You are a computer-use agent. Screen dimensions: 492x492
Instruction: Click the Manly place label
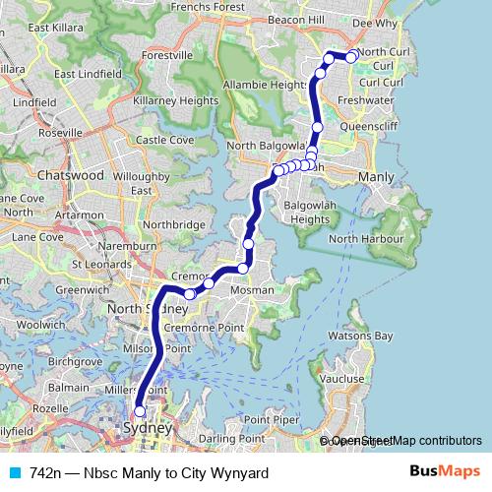pyautogui.click(x=376, y=176)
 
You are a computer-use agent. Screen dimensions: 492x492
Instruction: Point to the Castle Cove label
pyautogui.click(x=166, y=141)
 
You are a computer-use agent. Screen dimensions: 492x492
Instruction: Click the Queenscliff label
pyautogui.click(x=368, y=126)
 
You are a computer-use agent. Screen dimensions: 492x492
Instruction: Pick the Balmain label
pyautogui.click(x=69, y=388)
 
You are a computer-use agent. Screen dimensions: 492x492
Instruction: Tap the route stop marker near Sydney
pyautogui.click(x=140, y=411)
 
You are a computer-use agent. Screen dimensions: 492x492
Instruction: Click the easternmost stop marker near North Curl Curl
pyautogui.click(x=351, y=57)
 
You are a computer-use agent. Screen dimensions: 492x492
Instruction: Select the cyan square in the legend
pyautogui.click(x=15, y=472)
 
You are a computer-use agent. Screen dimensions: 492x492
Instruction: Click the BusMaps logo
pyautogui.click(x=447, y=472)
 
